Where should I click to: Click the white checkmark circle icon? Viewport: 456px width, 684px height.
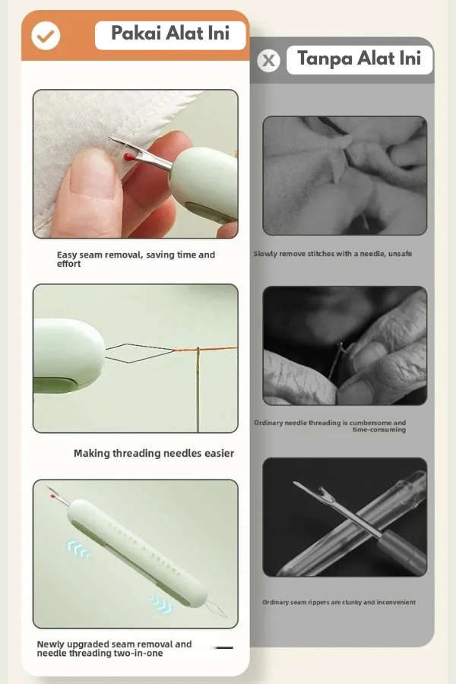point(46,35)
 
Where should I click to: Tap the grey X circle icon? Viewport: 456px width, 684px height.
point(268,60)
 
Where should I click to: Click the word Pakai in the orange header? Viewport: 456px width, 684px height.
point(136,33)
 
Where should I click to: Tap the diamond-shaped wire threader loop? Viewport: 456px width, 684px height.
point(140,353)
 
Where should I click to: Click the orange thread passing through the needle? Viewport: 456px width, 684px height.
point(205,349)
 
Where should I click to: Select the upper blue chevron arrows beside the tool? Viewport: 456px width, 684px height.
point(79,549)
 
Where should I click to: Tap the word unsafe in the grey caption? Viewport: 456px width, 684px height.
point(400,253)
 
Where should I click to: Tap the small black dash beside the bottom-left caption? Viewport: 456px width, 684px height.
point(225,648)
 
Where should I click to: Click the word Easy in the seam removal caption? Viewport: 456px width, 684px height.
point(66,255)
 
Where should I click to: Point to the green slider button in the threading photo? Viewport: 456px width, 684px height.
point(55,385)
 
